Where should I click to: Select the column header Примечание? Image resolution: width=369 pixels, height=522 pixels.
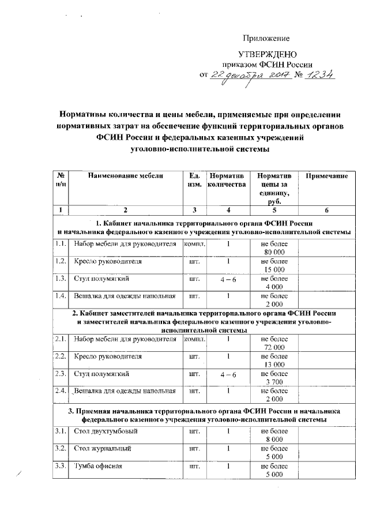coord(326,175)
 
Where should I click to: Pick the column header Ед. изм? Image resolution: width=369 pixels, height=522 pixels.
coord(194,179)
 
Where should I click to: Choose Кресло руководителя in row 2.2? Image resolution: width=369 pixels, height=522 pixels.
coord(108,356)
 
